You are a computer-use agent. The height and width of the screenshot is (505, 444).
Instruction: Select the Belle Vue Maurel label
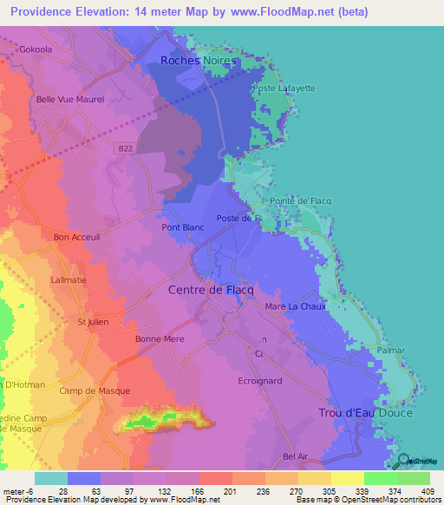[x=64, y=99]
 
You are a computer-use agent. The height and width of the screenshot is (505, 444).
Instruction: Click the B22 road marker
[x=126, y=149]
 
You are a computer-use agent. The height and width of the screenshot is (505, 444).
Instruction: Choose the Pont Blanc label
[x=182, y=228]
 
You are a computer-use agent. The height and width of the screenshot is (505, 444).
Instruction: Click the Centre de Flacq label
[x=209, y=290]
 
